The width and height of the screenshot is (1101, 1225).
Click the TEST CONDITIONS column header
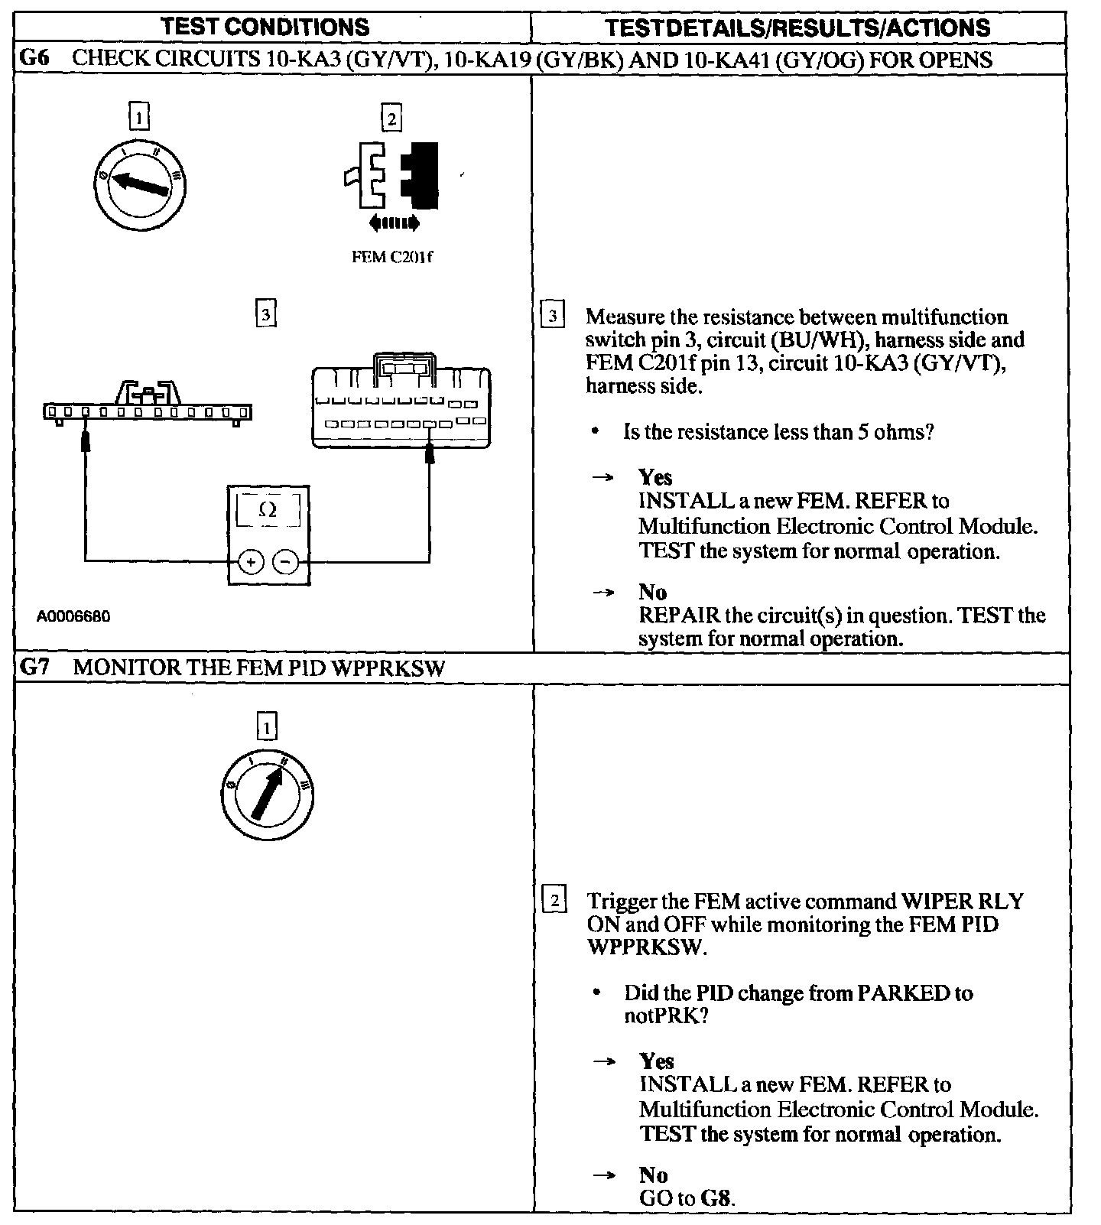265,28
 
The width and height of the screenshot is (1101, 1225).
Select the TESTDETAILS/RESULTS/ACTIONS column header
797,28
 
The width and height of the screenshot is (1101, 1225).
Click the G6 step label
34,60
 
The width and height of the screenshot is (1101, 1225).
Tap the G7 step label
34,668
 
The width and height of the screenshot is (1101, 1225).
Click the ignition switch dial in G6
138,184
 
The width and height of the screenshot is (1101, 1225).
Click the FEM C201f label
391,257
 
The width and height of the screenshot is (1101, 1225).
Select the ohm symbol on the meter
268,509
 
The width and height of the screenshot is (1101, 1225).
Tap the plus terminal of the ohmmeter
250,562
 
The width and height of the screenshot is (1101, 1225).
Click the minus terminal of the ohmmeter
286,562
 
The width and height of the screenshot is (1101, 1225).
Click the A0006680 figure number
73,616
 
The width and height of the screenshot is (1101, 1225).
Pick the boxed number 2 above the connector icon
391,119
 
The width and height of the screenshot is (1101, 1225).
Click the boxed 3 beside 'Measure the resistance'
553,316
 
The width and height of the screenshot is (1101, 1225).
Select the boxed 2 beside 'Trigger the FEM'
554,900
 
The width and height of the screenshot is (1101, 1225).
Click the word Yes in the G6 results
655,478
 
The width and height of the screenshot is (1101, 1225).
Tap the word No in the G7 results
653,1175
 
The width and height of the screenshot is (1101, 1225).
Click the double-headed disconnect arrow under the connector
394,223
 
